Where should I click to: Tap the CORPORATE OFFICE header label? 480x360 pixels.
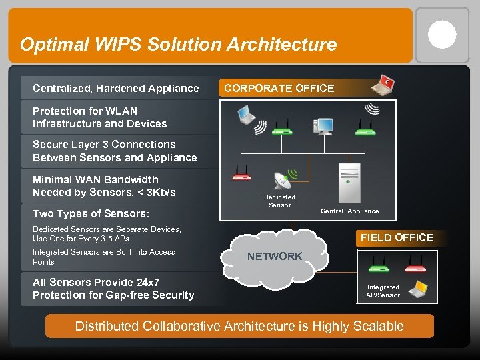tap(279, 88)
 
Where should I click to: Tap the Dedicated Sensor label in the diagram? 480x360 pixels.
tap(279, 201)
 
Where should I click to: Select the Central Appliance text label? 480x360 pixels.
tap(349, 211)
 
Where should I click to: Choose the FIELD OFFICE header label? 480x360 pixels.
tap(397, 237)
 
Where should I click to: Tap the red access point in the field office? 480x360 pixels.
tap(415, 267)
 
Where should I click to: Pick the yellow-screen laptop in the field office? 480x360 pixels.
tap(419, 289)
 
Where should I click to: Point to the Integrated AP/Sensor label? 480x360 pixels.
tap(383, 291)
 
